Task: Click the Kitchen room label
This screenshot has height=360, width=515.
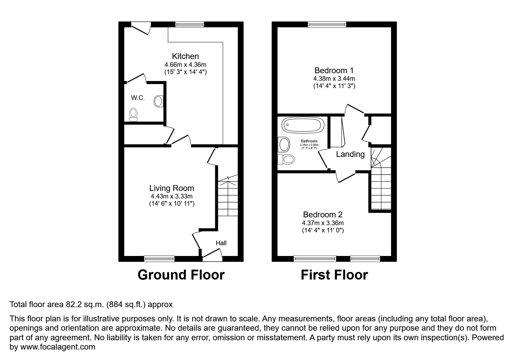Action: point(185,56)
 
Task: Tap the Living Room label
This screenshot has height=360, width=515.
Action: point(172,188)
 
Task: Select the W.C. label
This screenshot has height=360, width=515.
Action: point(138,98)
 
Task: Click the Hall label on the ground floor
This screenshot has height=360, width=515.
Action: point(221,243)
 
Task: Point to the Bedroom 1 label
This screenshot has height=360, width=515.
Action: point(334,70)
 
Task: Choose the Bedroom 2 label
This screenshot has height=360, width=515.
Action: point(323,215)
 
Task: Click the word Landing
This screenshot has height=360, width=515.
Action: point(350,154)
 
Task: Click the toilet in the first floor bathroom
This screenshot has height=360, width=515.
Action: point(287,159)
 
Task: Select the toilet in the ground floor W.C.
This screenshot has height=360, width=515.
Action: point(133,114)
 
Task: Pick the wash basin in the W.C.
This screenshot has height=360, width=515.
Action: point(158,101)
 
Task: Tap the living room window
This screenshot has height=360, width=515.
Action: point(159,258)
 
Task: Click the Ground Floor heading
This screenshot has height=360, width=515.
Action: point(181,275)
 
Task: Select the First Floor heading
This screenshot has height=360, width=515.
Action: point(334,275)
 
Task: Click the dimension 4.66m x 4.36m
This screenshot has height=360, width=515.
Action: point(185,65)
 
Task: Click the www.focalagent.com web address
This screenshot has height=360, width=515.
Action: point(58,347)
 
